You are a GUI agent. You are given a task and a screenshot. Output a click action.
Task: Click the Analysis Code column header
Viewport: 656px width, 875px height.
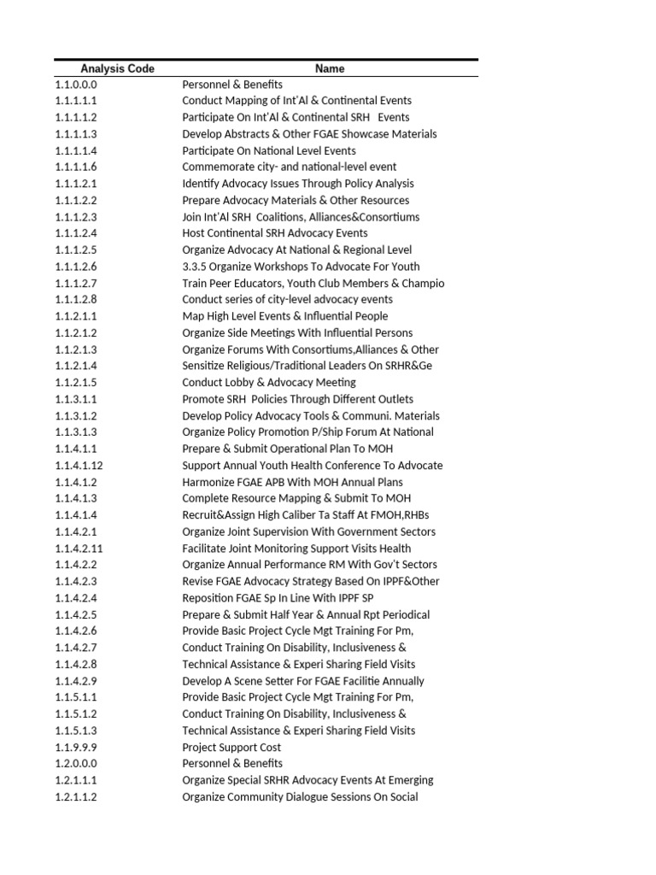click(x=117, y=68)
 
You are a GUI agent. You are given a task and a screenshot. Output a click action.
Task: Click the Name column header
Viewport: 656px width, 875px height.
click(x=329, y=68)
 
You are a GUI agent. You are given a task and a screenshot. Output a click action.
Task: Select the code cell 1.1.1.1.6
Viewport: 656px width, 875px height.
click(x=76, y=167)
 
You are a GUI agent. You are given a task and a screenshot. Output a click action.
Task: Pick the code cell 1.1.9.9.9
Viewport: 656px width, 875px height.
click(x=76, y=748)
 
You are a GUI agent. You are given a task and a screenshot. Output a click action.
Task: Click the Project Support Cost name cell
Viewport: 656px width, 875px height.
click(x=231, y=748)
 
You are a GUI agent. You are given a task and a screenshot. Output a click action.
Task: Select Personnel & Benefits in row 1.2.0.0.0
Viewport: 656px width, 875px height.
click(x=231, y=764)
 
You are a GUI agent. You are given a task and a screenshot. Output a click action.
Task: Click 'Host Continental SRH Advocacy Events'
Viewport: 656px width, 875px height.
click(x=274, y=233)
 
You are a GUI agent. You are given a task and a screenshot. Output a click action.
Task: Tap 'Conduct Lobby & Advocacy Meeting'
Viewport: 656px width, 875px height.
click(x=268, y=383)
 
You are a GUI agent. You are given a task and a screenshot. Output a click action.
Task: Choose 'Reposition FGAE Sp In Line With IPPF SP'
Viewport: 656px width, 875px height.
click(x=283, y=598)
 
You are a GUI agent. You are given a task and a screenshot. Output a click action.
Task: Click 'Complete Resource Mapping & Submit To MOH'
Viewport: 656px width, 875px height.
click(x=296, y=499)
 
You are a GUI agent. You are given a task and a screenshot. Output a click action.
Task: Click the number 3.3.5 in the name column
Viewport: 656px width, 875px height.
click(x=195, y=267)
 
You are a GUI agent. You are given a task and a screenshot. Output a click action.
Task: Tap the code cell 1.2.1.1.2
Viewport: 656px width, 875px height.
click(x=76, y=797)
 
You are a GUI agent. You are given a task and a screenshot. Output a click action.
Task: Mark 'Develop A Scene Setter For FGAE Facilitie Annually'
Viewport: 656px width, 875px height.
click(x=302, y=681)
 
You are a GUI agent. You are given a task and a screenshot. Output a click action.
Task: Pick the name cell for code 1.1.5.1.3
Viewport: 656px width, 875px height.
click(x=298, y=731)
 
